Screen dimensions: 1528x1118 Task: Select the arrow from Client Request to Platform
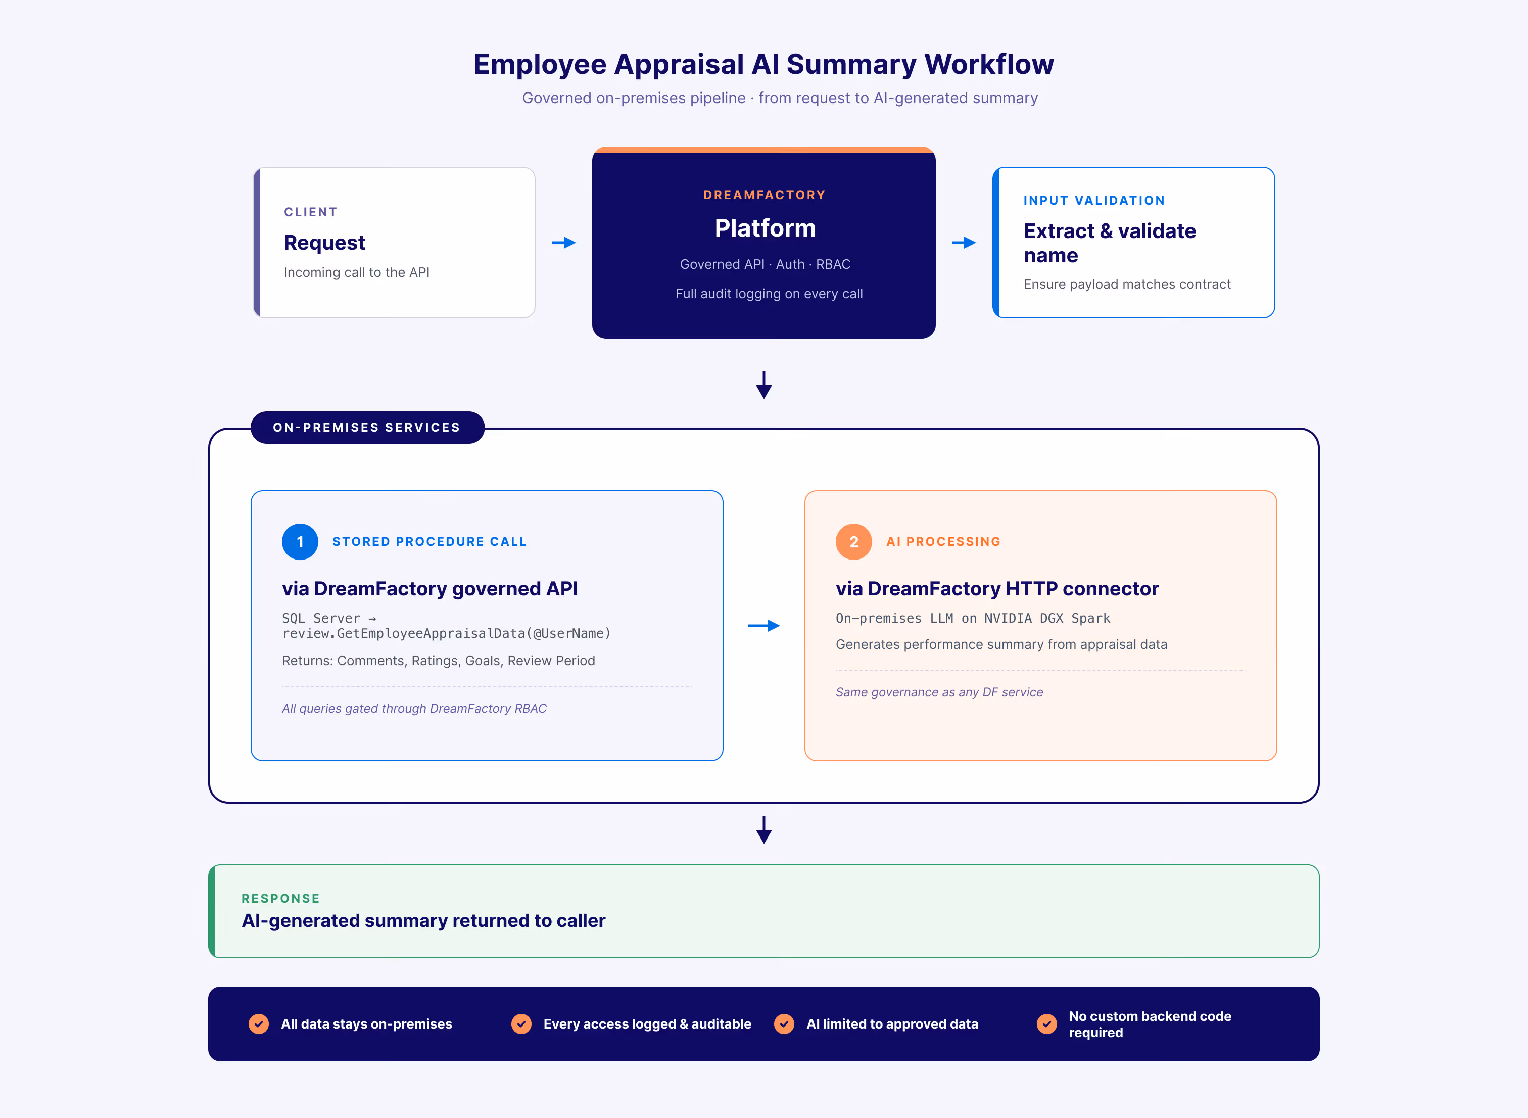pyautogui.click(x=563, y=242)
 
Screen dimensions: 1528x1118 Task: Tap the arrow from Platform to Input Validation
pyautogui.click(x=964, y=242)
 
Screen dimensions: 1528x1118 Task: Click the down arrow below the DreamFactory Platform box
pyautogui.click(x=763, y=385)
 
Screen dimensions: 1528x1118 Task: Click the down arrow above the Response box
pyautogui.click(x=763, y=830)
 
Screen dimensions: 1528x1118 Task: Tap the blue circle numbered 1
pyautogui.click(x=300, y=541)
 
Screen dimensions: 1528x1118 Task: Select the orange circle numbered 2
pyautogui.click(x=853, y=541)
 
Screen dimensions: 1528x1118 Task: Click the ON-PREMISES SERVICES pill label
pyautogui.click(x=367, y=428)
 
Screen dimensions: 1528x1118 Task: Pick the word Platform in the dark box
pyautogui.click(x=765, y=228)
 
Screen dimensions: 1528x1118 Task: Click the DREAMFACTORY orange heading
pyautogui.click(x=765, y=195)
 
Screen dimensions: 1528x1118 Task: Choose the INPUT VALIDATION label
pyautogui.click(x=1094, y=200)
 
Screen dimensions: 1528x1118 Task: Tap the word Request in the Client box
pyautogui.click(x=325, y=242)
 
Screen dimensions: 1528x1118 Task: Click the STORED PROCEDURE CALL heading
pyautogui.click(x=429, y=541)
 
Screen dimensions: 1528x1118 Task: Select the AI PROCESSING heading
pyautogui.click(x=943, y=541)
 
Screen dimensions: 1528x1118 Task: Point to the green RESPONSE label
pyautogui.click(x=281, y=898)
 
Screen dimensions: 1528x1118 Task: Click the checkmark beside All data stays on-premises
pyautogui.click(x=258, y=1024)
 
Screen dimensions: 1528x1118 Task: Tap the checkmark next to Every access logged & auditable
pyautogui.click(x=521, y=1024)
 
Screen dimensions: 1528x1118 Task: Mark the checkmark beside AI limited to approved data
pyautogui.click(x=784, y=1024)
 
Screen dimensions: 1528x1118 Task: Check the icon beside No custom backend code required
pyautogui.click(x=1046, y=1024)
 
